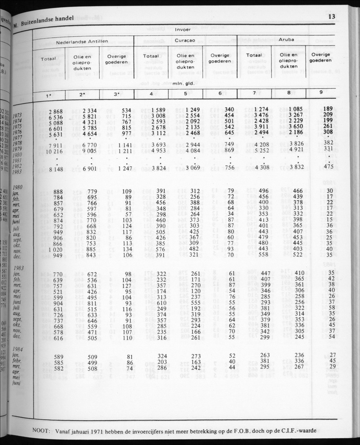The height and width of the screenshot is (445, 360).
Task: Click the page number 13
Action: tap(331, 17)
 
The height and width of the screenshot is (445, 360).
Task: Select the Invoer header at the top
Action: tap(183, 30)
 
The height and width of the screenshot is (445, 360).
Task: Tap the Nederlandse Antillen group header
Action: tap(83, 42)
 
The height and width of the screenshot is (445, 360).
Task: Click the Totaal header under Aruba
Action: tap(254, 55)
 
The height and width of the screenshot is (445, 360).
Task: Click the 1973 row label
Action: tap(17, 115)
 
